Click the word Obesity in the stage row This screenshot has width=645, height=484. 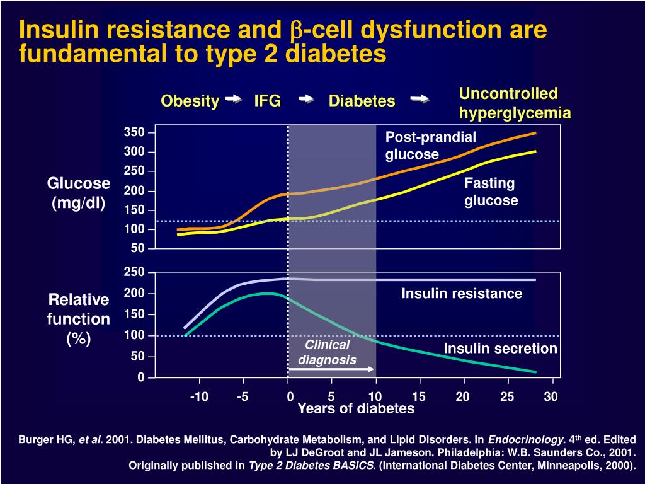click(x=190, y=101)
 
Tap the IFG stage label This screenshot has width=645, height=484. click(x=267, y=101)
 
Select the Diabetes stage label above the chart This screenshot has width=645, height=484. click(x=362, y=101)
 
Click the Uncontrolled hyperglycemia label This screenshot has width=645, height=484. click(x=515, y=103)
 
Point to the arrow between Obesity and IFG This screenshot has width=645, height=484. click(x=234, y=99)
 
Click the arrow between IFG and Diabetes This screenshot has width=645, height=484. click(x=307, y=99)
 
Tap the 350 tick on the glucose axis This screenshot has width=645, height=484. click(x=134, y=132)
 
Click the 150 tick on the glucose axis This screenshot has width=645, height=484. click(x=134, y=210)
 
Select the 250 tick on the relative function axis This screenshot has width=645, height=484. click(x=134, y=272)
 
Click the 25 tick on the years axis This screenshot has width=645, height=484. click(x=508, y=396)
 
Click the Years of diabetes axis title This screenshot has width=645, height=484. click(x=356, y=409)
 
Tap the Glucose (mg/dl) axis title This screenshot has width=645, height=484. click(x=79, y=193)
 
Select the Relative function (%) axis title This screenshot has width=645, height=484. click(x=79, y=319)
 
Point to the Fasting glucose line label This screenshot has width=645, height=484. click(x=491, y=192)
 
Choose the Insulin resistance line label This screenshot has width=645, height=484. click(x=462, y=294)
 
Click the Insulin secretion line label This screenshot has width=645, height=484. click(x=500, y=349)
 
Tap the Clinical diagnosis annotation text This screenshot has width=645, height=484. click(x=327, y=352)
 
